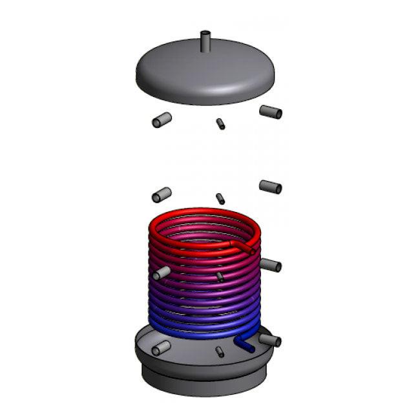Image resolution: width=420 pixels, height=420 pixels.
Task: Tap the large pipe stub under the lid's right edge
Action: pyautogui.click(x=271, y=112)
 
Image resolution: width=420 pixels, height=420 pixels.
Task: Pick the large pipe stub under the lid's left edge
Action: pyautogui.click(x=161, y=120)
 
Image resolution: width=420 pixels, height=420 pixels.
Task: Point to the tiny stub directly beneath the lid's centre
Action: pyautogui.click(x=220, y=123)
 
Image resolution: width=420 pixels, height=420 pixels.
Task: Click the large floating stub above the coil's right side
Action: pyautogui.click(x=270, y=187)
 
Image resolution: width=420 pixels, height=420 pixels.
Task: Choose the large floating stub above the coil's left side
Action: pyautogui.click(x=161, y=194)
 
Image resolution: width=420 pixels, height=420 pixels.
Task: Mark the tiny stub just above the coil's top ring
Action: pyautogui.click(x=220, y=198)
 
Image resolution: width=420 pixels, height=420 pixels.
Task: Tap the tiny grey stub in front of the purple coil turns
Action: pyautogui.click(x=220, y=277)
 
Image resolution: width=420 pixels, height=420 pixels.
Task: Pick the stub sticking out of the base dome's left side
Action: pyautogui.click(x=160, y=348)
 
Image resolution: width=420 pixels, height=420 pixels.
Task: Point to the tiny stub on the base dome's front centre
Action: pyautogui.click(x=220, y=352)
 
